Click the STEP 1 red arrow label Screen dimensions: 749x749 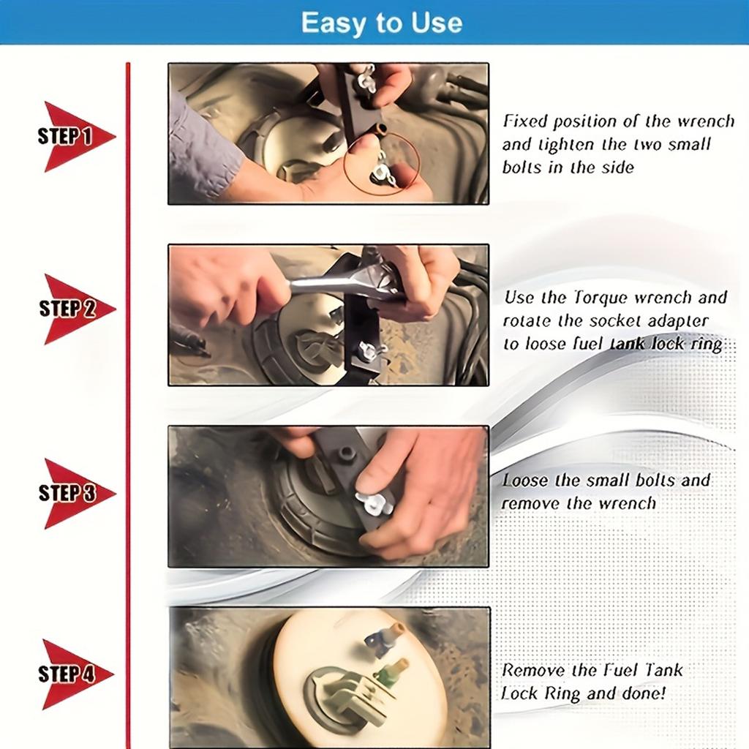click(72, 137)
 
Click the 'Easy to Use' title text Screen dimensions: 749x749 click(381, 22)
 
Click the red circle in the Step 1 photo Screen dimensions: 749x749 click(382, 163)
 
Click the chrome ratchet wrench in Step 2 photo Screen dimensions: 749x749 click(344, 283)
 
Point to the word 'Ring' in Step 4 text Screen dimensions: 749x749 click(563, 693)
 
